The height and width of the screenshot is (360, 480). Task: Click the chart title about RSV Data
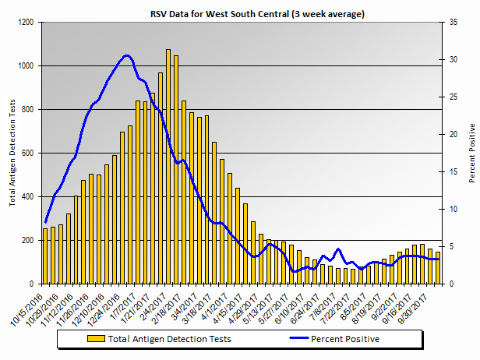click(x=258, y=14)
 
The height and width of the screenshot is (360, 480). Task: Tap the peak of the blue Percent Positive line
click(x=127, y=55)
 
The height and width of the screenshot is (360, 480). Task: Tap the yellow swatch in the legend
click(x=97, y=339)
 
